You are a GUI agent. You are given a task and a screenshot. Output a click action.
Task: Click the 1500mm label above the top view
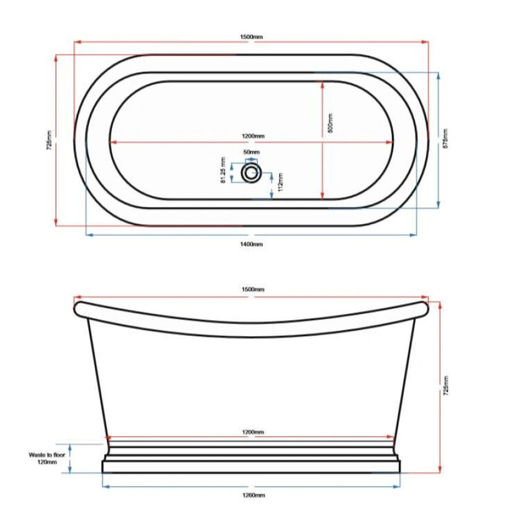tap(252, 37)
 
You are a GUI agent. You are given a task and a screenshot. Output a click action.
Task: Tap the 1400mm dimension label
tap(252, 244)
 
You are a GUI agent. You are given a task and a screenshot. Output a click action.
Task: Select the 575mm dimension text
tap(445, 140)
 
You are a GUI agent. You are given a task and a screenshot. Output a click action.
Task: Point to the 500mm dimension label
tap(331, 123)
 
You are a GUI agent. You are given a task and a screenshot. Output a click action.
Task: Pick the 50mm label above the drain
tap(251, 152)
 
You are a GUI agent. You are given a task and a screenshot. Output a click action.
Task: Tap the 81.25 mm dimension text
tap(222, 173)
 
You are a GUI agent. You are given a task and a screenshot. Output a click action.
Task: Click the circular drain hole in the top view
tap(251, 172)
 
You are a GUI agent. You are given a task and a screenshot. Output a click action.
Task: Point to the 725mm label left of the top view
tap(49, 140)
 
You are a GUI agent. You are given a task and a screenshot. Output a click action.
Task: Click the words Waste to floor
tap(47, 455)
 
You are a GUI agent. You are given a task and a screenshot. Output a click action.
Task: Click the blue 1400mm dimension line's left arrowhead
tap(87, 235)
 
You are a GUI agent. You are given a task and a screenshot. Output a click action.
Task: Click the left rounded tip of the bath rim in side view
tap(78, 307)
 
